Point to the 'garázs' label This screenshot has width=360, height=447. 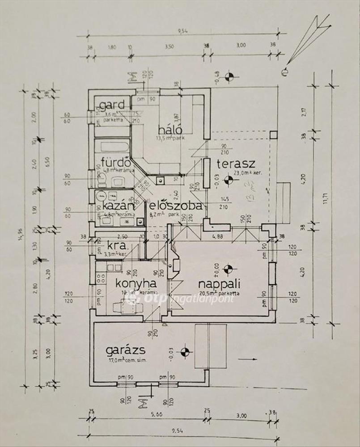tap(121, 350)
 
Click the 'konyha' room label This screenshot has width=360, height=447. tap(136, 283)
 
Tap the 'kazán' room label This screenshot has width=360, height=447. tap(118, 206)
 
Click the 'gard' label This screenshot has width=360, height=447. tap(112, 106)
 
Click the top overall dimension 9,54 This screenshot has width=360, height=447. tap(182, 31)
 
